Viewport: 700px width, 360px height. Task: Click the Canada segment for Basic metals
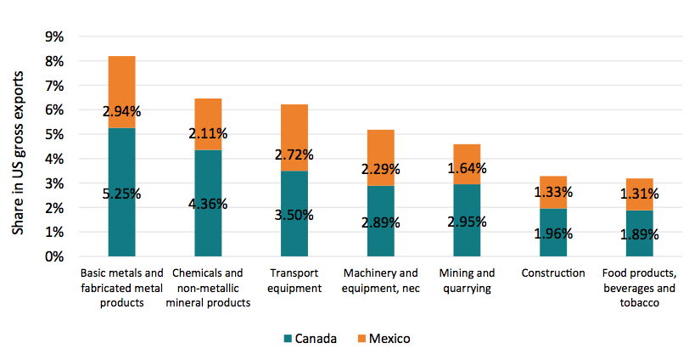(x=121, y=221)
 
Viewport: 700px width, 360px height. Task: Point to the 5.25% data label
(x=121, y=194)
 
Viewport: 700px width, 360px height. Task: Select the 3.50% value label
(x=294, y=215)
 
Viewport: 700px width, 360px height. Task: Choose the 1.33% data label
(x=554, y=192)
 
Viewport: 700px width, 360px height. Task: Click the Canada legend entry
(x=309, y=339)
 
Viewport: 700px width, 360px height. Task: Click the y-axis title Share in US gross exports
(x=19, y=146)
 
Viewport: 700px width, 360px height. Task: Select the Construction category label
(x=554, y=273)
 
